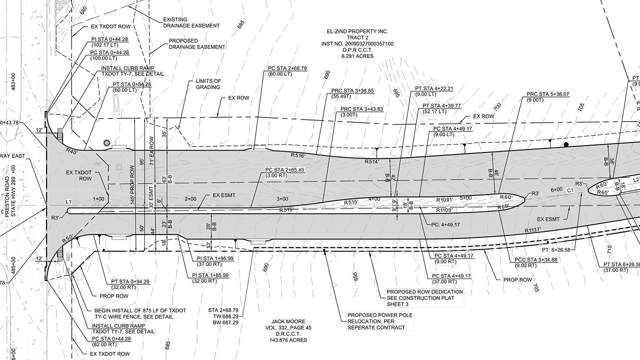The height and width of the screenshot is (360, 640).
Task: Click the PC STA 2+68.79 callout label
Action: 287,68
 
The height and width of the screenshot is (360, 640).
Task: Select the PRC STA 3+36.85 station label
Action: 352,91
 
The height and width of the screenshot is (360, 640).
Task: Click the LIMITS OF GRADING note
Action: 207,84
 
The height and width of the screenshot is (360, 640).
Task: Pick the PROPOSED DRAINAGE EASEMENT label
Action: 196,44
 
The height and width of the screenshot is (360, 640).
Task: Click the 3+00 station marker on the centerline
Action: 282,199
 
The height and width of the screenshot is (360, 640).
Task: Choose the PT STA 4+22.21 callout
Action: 434,88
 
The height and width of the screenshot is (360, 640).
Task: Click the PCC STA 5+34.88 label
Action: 529,259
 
